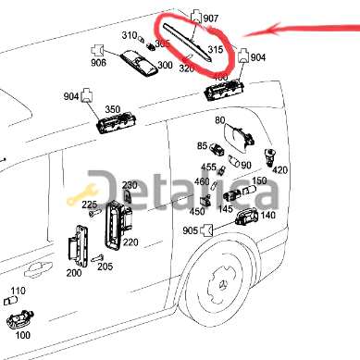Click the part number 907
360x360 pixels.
pyautogui.click(x=210, y=18)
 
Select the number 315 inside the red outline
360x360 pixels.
pyautogui.click(x=216, y=50)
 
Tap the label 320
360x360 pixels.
pyautogui.click(x=186, y=68)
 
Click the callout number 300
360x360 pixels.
pyautogui.click(x=165, y=66)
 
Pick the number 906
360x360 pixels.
pyautogui.click(x=98, y=64)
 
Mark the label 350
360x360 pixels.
pyautogui.click(x=113, y=108)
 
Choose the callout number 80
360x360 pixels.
pyautogui.click(x=219, y=121)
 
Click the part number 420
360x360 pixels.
pyautogui.click(x=280, y=169)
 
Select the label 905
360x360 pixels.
pyautogui.click(x=217, y=230)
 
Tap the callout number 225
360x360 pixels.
pyautogui.click(x=89, y=204)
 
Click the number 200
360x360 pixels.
pyautogui.click(x=73, y=273)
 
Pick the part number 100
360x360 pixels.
pyautogui.click(x=22, y=334)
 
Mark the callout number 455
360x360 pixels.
pyautogui.click(x=209, y=168)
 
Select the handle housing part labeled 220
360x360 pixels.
pyautogui.click(x=114, y=224)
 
